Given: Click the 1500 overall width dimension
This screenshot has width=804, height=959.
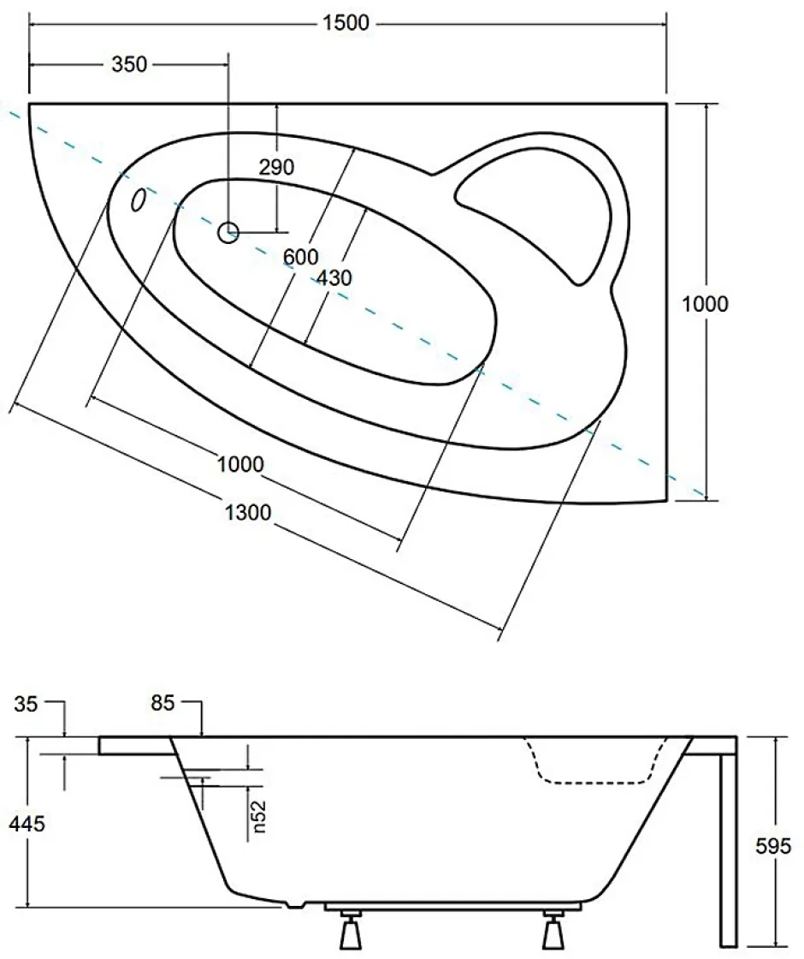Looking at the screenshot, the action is (x=346, y=22).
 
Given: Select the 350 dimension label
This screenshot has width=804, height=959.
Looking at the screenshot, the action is (x=129, y=63).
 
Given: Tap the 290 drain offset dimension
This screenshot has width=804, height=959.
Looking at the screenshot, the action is (x=277, y=167).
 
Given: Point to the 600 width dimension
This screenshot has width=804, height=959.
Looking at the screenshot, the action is (x=300, y=257).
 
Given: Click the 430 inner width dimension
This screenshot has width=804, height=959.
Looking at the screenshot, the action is (x=334, y=278).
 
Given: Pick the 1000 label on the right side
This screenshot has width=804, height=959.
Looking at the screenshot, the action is (x=705, y=304).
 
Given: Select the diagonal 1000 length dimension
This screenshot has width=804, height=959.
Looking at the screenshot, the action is (x=240, y=464).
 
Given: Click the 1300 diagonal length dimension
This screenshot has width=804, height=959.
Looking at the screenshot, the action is (x=248, y=512).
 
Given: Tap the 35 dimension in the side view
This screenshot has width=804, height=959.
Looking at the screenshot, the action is (x=26, y=704).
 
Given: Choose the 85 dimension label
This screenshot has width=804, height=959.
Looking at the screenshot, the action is (x=163, y=703).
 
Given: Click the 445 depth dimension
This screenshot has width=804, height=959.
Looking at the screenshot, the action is (x=27, y=824).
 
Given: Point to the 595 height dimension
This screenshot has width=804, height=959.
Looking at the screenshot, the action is (x=773, y=846).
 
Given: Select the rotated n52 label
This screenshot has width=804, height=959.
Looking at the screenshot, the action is (x=258, y=817).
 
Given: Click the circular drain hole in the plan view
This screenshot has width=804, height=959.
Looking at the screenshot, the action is (x=228, y=232).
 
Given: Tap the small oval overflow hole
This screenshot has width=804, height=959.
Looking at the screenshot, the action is (x=139, y=200).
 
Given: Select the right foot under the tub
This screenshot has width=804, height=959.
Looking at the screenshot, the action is (x=553, y=932).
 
